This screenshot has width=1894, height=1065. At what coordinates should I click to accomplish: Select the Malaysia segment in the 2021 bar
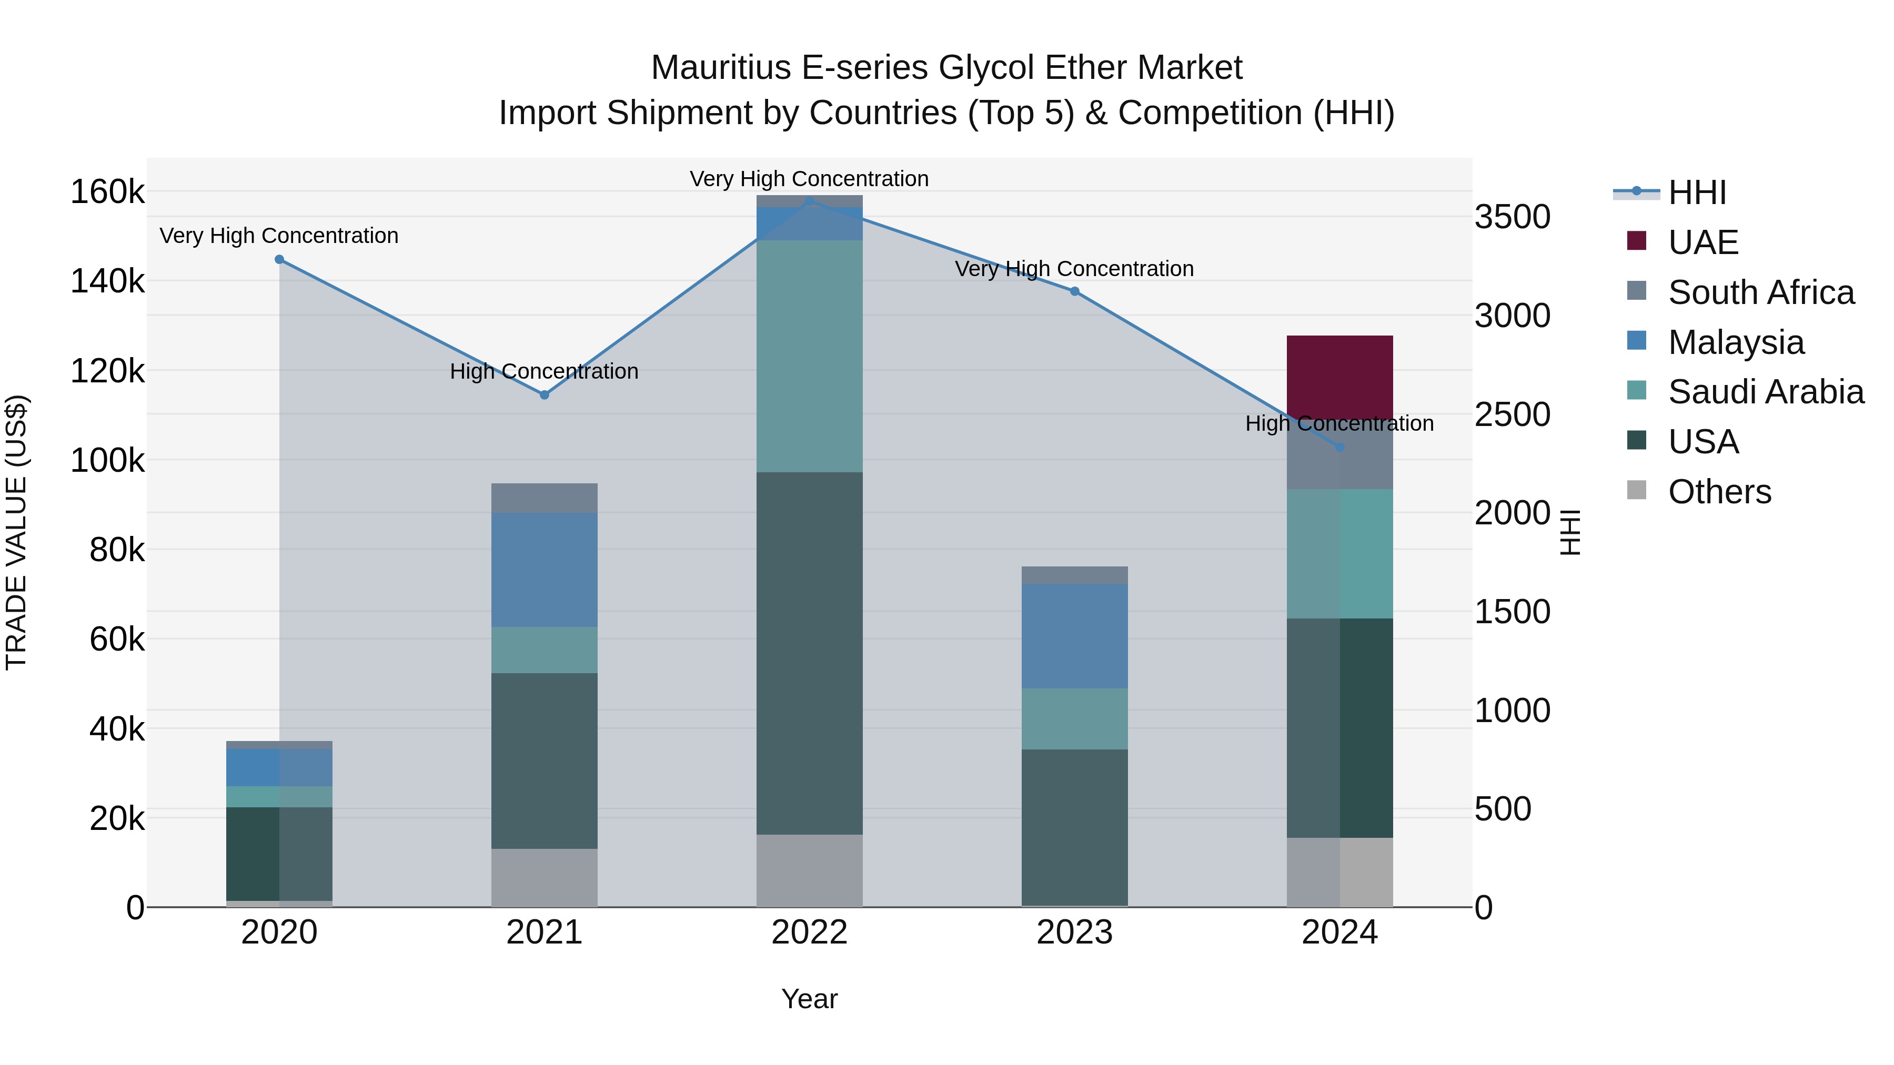click(x=544, y=570)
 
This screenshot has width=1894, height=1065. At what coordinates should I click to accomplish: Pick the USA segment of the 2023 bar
click(x=1074, y=827)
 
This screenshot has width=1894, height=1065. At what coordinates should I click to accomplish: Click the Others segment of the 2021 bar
click(x=544, y=878)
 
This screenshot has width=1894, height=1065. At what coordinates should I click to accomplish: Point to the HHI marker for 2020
click(x=279, y=259)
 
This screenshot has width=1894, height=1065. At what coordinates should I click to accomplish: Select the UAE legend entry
click(x=1703, y=242)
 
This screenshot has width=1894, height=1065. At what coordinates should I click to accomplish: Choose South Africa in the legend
click(x=1761, y=292)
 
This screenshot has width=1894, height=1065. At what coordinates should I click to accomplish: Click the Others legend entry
click(x=1719, y=492)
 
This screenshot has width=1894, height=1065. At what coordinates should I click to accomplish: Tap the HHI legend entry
click(x=1697, y=192)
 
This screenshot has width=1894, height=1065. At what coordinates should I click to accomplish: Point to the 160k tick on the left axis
click(x=107, y=192)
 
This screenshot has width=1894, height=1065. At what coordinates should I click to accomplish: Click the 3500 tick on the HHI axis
click(x=1513, y=218)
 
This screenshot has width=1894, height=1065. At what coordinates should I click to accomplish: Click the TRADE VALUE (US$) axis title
click(x=16, y=533)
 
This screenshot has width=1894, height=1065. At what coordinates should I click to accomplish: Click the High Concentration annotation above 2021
click(x=544, y=372)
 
